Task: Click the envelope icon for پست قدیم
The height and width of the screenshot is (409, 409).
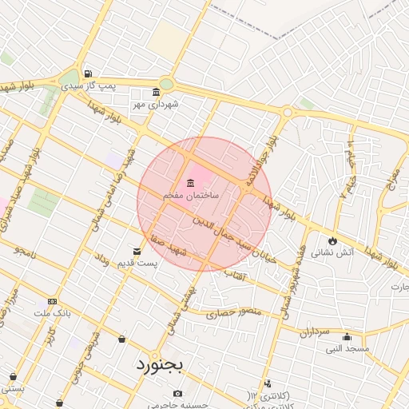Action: (137, 252)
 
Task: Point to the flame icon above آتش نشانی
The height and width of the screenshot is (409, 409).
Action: (332, 240)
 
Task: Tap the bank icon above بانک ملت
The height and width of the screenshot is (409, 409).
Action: (52, 301)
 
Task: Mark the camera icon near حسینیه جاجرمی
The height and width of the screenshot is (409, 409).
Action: (177, 393)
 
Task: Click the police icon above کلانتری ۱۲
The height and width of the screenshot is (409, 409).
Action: (267, 384)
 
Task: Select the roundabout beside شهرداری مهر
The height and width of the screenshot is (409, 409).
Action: (165, 83)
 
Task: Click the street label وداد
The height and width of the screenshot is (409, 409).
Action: (101, 260)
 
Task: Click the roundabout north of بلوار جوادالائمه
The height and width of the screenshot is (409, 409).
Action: (286, 112)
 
